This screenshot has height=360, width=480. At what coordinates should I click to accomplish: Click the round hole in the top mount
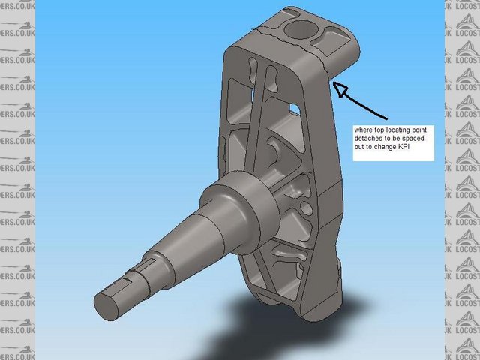pos(301,31)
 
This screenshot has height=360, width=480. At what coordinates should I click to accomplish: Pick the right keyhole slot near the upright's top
pos(271,75)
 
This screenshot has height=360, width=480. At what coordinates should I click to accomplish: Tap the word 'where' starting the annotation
pos(363,129)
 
